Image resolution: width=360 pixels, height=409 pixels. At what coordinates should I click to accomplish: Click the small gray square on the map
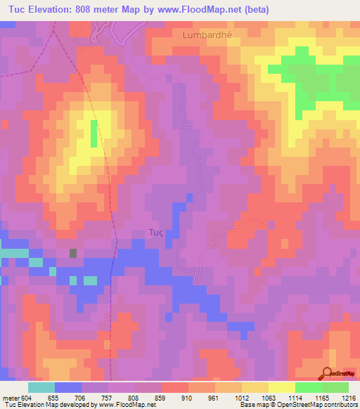(73, 253)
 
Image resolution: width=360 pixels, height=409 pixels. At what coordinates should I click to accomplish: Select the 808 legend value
(143, 397)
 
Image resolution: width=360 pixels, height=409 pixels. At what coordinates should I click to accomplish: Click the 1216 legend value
(349, 397)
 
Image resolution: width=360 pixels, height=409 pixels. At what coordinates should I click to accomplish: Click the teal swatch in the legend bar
(41, 387)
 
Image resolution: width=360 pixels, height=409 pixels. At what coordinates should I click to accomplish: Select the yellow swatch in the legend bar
(281, 387)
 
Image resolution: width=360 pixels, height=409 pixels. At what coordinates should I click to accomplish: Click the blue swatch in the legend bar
(68, 387)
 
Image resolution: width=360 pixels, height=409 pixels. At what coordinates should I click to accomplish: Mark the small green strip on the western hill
(94, 133)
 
